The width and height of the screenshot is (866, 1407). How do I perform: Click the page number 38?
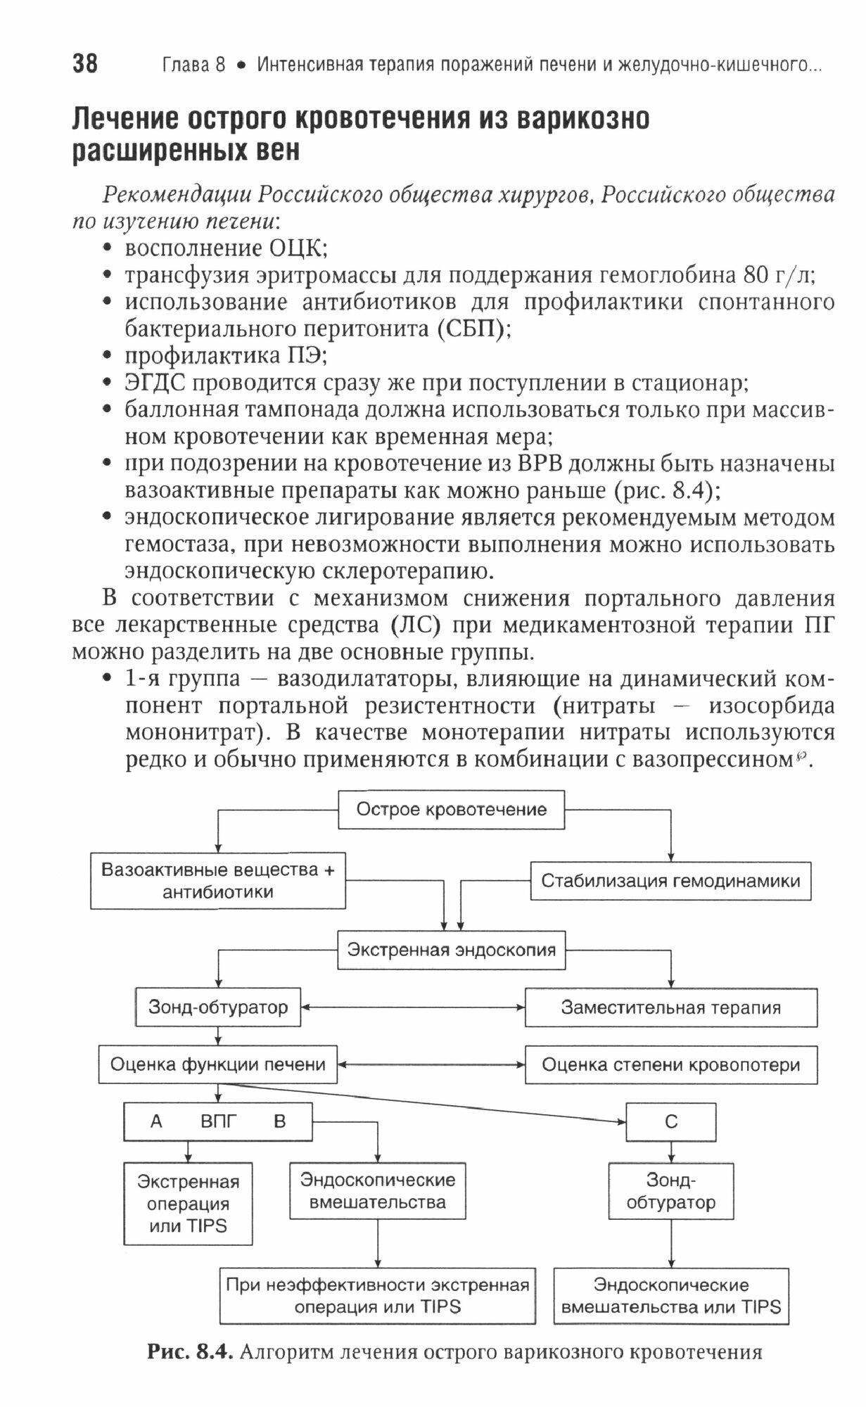85,64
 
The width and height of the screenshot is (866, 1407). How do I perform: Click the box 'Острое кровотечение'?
451,810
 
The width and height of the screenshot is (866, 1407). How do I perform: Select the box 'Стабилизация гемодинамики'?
670,881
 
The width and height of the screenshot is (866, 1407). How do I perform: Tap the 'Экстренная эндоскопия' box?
451,950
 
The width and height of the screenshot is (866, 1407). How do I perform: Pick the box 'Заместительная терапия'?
670,1007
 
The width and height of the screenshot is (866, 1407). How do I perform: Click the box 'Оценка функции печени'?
217,1064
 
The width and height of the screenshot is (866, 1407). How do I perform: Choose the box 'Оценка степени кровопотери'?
670,1065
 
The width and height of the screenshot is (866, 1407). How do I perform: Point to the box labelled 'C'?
670,1121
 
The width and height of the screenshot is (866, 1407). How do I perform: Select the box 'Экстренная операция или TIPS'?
188,1204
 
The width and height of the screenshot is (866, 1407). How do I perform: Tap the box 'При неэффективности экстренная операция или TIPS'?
377,1296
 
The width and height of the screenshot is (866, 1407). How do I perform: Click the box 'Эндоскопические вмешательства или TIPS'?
670,1296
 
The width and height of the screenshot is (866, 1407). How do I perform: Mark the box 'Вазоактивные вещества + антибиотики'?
217,881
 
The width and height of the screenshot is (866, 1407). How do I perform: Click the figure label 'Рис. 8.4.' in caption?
189,1352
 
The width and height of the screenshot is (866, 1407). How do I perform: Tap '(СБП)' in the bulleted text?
470,329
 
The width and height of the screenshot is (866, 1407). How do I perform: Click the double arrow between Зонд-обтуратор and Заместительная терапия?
412,1007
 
